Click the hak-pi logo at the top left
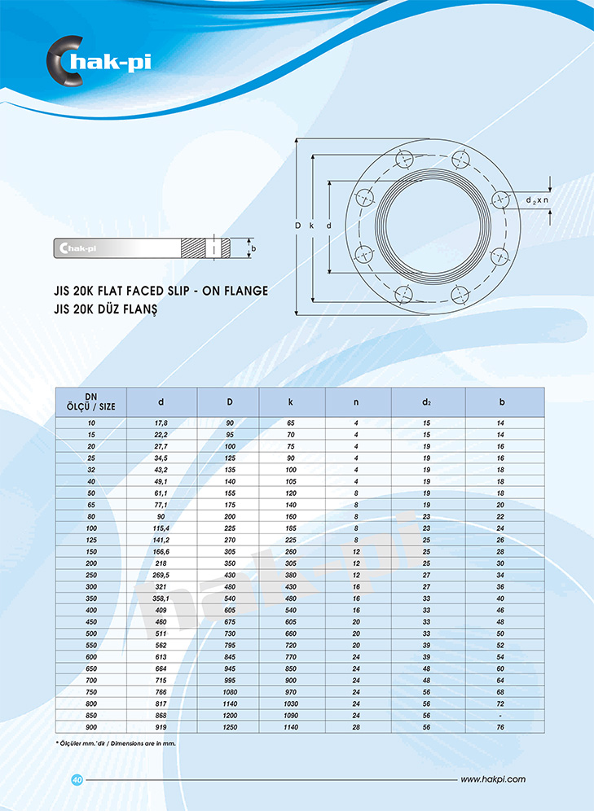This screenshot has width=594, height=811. pyautogui.click(x=99, y=60)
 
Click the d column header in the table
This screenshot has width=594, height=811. pyautogui.click(x=161, y=402)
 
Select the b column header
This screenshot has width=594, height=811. pyautogui.click(x=501, y=402)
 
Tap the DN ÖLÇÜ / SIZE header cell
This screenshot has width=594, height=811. pyautogui.click(x=91, y=402)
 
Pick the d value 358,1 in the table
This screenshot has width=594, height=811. pyautogui.click(x=161, y=598)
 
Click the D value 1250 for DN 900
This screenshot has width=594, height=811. pyautogui.click(x=230, y=727)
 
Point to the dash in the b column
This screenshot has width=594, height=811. pyautogui.click(x=500, y=716)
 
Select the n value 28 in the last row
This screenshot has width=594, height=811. pyautogui.click(x=356, y=727)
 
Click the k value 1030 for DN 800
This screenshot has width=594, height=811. pyautogui.click(x=291, y=704)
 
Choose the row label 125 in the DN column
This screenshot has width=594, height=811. pyautogui.click(x=91, y=540)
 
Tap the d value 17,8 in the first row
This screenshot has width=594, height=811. pyautogui.click(x=161, y=423)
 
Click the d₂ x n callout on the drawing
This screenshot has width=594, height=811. pyautogui.click(x=537, y=200)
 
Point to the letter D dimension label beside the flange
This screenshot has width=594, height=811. pyautogui.click(x=298, y=226)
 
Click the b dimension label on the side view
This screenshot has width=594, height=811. pyautogui.click(x=253, y=248)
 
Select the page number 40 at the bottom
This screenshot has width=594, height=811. pyautogui.click(x=77, y=779)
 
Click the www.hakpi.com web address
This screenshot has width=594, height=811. pyautogui.click(x=493, y=779)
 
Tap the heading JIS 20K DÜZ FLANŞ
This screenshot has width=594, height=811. pyautogui.click(x=106, y=309)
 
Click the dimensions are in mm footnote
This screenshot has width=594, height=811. pyautogui.click(x=116, y=743)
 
